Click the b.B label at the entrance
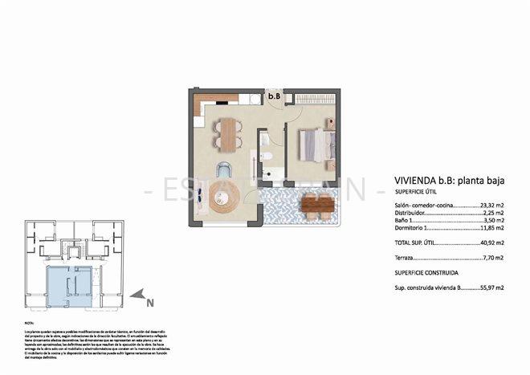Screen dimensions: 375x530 point(274,97)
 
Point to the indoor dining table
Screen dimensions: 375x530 point(228,133)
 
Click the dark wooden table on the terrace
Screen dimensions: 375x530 point(317,206)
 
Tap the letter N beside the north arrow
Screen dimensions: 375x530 point(149,303)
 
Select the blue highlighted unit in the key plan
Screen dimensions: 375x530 point(68,287)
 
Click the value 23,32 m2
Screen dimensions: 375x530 point(491,206)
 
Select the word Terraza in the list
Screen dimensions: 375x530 point(406,259)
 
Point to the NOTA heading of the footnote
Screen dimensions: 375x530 point(30,323)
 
